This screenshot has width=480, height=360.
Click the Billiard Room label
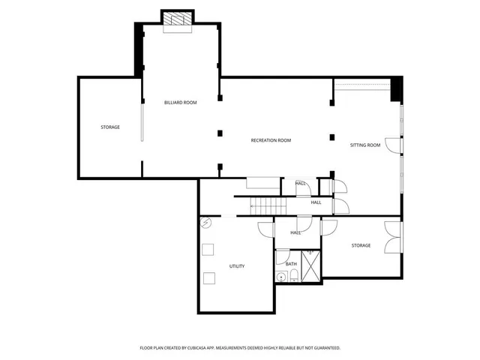pos(180,102)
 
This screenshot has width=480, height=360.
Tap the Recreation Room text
pos(271,140)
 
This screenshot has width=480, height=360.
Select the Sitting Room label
pos(365,145)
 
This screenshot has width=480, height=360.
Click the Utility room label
pos(236,266)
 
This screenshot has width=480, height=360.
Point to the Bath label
pos(291,263)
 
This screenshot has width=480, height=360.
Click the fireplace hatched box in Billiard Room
pos(178,20)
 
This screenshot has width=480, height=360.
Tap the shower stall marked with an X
pos(310,267)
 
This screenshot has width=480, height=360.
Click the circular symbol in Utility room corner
pos(205,223)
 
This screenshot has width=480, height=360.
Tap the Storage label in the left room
pos(110,127)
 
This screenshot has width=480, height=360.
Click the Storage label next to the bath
pos(361,245)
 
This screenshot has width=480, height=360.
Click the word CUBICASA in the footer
pos(211,348)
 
